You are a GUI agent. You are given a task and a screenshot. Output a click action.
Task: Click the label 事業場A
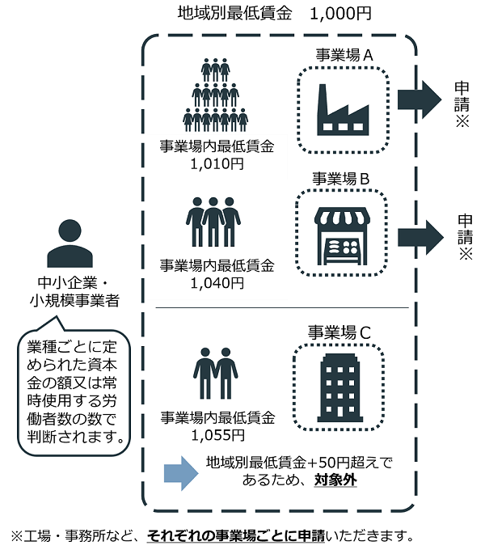(x=344, y=56)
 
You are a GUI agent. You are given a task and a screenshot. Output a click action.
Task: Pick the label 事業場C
(x=339, y=332)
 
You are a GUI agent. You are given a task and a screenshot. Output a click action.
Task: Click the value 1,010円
(x=217, y=163)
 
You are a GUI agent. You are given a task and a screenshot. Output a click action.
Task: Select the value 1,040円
(x=217, y=282)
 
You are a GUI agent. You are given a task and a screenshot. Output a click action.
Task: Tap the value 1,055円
(x=217, y=435)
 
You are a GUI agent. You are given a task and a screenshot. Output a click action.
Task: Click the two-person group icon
(x=216, y=372)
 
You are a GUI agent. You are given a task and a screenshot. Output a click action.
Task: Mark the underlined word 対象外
(x=336, y=479)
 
